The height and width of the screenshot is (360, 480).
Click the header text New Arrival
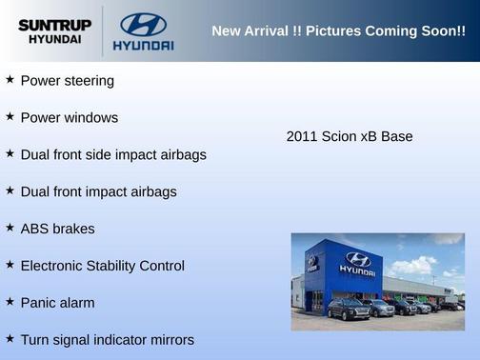250,31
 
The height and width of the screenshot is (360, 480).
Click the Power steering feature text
67,81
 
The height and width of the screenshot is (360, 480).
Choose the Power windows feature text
70,118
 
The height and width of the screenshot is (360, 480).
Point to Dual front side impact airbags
113,154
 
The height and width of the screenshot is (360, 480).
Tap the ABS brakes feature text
57,229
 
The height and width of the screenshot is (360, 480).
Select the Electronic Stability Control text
102,266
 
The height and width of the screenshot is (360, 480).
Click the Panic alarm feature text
61,303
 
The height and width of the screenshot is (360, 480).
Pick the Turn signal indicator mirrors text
107,340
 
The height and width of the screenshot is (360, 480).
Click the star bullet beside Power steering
10,80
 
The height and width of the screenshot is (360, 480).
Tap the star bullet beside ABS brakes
10,228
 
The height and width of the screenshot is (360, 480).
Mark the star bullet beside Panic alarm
10,302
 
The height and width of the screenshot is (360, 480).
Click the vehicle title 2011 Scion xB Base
350,136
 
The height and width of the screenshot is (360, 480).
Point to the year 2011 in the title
302,136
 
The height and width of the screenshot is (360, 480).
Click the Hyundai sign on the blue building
357,264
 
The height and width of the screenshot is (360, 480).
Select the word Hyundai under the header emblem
143,45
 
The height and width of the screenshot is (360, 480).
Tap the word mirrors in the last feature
170,340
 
